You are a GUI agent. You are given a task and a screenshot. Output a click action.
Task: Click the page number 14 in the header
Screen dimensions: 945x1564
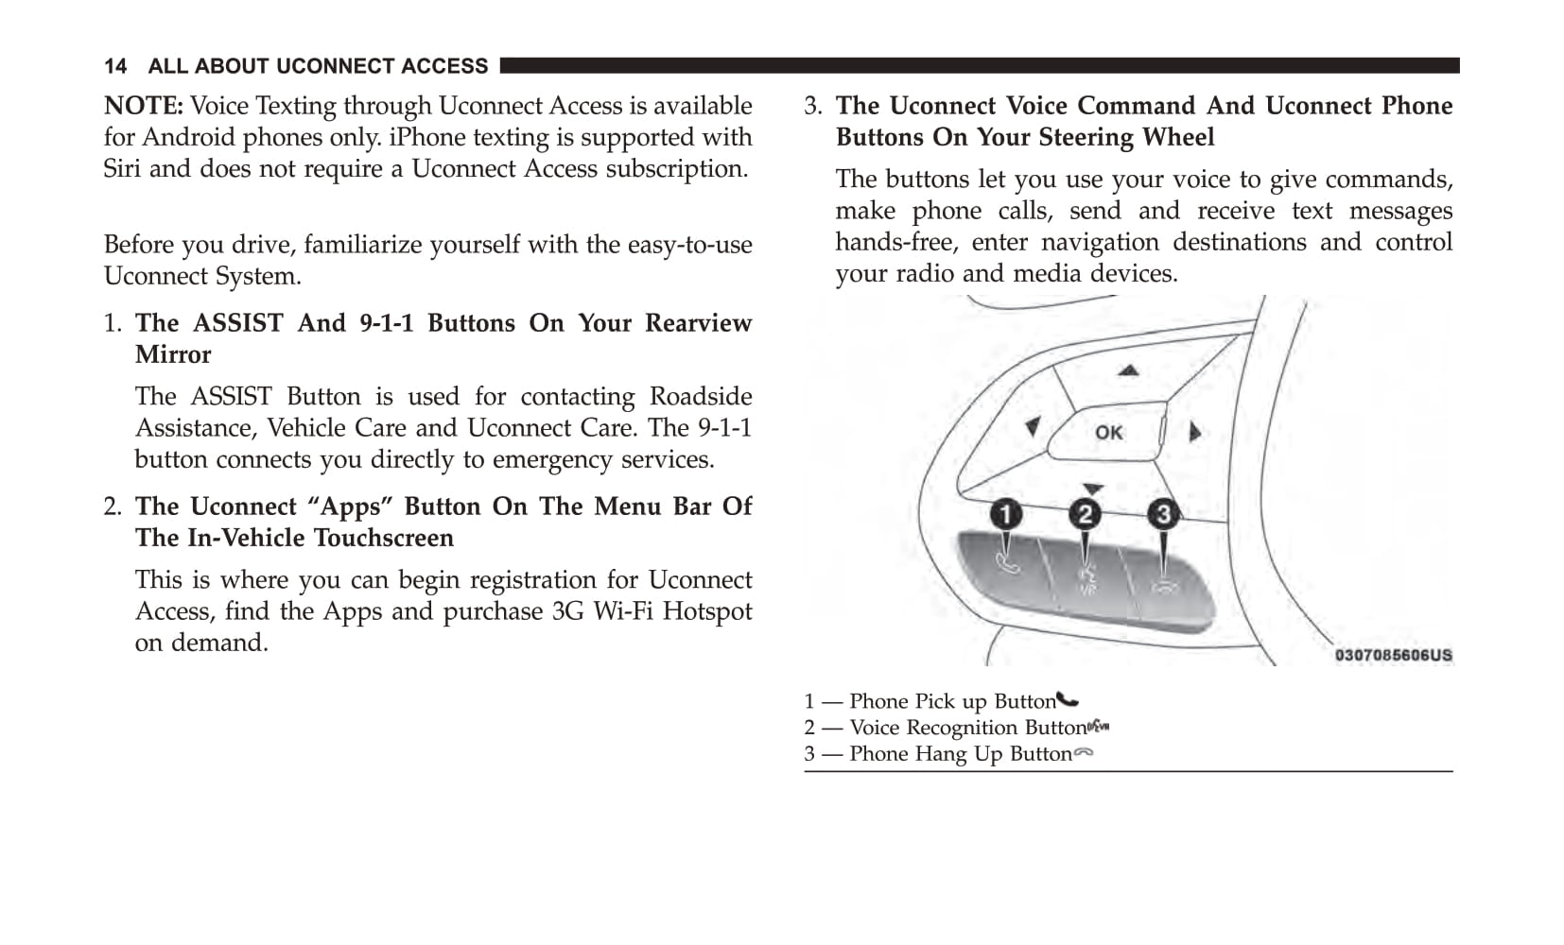click(x=115, y=66)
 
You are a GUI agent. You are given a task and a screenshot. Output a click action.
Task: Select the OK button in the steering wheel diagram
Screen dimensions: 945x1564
click(x=1108, y=433)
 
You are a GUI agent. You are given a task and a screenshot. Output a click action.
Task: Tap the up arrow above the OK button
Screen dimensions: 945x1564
click(x=1128, y=370)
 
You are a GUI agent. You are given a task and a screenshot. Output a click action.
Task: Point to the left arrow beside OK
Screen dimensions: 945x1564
click(x=1034, y=427)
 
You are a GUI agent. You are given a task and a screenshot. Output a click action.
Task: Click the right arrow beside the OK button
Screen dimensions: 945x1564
click(x=1195, y=432)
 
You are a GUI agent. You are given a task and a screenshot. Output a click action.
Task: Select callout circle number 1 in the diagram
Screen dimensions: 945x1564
click(x=1006, y=514)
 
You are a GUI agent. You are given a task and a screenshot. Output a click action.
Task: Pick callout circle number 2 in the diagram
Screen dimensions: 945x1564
click(x=1085, y=514)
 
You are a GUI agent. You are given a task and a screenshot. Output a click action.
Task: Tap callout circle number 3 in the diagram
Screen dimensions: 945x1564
click(x=1163, y=514)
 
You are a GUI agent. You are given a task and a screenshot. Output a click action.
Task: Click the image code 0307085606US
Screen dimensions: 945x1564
click(x=1393, y=655)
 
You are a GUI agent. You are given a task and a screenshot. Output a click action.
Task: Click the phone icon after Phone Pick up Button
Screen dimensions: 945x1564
click(x=1068, y=700)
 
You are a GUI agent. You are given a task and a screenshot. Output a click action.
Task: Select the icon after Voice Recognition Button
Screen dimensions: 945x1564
click(x=1098, y=727)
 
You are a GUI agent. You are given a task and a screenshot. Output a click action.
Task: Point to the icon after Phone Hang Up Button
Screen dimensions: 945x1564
click(x=1084, y=753)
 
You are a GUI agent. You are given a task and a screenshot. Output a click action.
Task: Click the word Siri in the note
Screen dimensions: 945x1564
click(x=122, y=169)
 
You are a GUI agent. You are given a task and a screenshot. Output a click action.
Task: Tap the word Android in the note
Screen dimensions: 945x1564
click(x=183, y=138)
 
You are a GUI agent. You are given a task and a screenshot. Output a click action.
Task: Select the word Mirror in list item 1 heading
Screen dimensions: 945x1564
click(x=173, y=355)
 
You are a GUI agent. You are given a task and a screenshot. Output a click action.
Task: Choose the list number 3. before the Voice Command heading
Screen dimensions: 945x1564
click(x=813, y=106)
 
